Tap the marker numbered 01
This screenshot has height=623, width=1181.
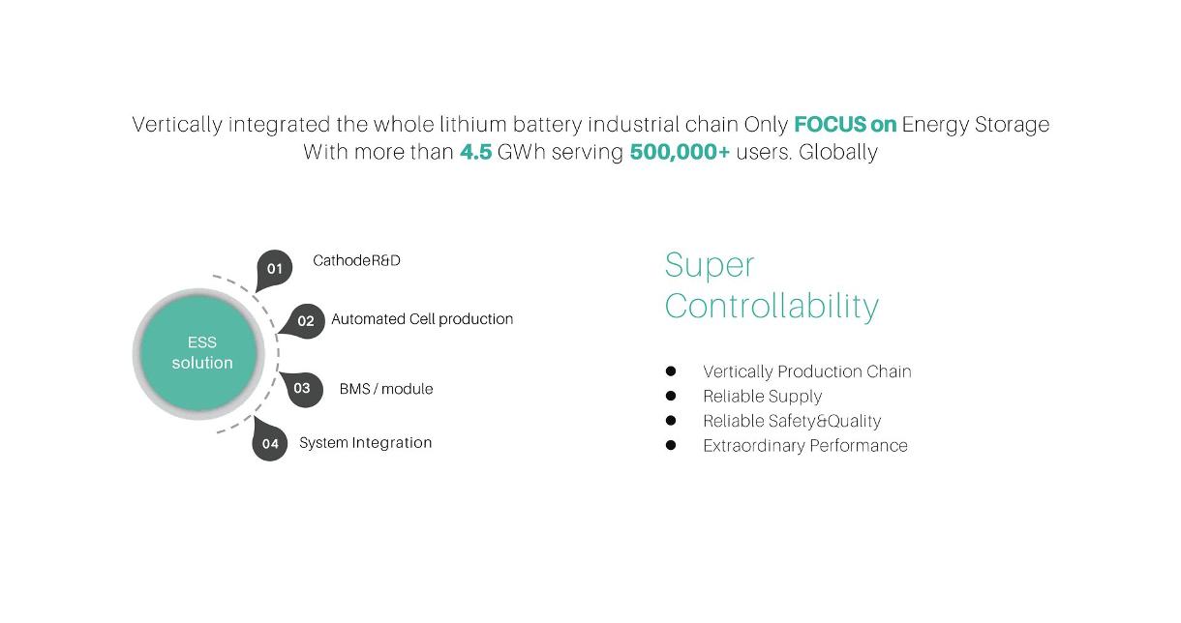point(274,270)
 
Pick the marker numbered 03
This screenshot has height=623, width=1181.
point(302,389)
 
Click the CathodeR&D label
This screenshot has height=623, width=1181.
point(356,260)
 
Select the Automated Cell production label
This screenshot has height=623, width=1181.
point(422,319)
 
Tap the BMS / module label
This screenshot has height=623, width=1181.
point(386,389)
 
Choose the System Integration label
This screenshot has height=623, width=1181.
point(365,443)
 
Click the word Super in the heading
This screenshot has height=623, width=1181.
point(710,266)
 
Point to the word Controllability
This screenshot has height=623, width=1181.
point(772,306)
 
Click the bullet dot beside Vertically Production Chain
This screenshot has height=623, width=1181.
point(671,371)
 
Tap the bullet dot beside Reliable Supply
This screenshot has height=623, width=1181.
point(671,396)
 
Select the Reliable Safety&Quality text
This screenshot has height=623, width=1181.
point(792,421)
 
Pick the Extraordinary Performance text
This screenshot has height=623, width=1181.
point(805,446)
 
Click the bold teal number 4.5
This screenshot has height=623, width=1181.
point(475,152)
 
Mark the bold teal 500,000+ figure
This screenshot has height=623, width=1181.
point(680,152)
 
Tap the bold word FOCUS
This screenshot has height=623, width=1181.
point(831,125)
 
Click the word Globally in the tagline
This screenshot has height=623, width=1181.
point(838,152)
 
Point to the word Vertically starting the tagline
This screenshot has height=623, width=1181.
point(177,126)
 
